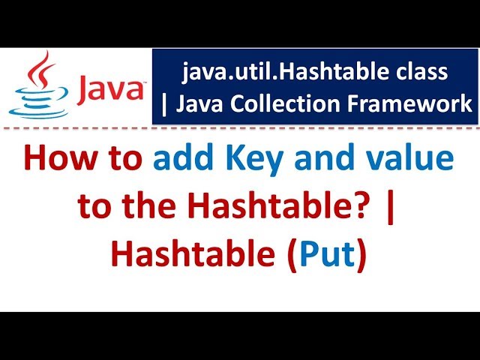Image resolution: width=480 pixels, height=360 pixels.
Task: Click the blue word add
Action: pyautogui.click(x=182, y=160)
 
